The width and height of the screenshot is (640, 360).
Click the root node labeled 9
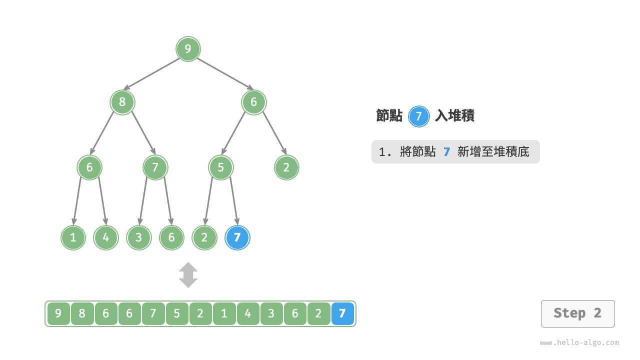click(188, 49)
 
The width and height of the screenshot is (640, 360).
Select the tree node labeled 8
click(122, 102)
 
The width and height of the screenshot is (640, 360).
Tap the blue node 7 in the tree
click(237, 237)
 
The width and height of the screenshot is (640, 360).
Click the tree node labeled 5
click(221, 167)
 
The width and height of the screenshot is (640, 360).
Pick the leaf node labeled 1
click(73, 237)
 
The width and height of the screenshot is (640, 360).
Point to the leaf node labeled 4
click(106, 237)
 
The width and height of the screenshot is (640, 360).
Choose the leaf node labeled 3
click(139, 237)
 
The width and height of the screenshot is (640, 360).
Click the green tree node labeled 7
click(155, 167)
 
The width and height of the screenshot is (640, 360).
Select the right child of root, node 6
click(253, 102)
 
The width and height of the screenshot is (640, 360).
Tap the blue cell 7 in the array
click(342, 314)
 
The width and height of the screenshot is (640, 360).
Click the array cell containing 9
click(58, 314)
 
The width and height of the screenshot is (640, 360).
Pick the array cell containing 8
click(82, 314)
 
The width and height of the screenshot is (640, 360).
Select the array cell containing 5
click(177, 314)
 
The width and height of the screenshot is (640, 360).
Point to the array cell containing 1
click(224, 314)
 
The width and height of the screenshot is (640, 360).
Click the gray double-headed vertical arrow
click(188, 275)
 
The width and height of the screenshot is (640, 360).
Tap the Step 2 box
click(577, 313)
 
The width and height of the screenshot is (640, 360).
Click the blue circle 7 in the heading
click(418, 116)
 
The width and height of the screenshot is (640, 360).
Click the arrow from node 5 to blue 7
click(234, 201)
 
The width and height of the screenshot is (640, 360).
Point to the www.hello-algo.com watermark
click(579, 343)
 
